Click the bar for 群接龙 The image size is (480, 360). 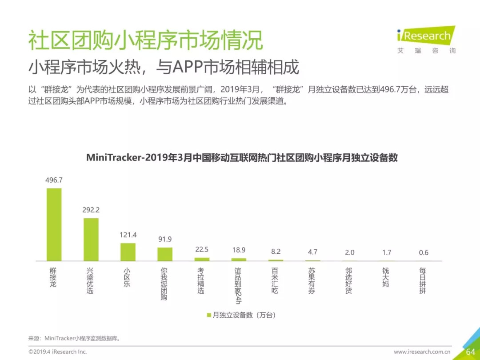tap(54, 224)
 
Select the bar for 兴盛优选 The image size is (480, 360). tap(91, 239)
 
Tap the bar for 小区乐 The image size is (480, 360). tap(128, 252)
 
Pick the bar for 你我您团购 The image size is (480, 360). tap(165, 254)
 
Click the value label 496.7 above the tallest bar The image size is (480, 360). tap(54, 180)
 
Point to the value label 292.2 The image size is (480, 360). tap(91, 210)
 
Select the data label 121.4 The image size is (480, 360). tap(128, 235)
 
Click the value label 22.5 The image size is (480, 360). tap(202, 250)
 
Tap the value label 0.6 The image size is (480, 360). tap(424, 252)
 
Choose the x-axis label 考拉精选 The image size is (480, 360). tap(202, 280)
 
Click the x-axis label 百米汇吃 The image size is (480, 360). tap(276, 280)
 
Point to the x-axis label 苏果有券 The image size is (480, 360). tap(312, 280)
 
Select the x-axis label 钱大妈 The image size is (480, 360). tap(386, 277)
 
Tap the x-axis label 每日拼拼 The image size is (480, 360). tap(423, 280)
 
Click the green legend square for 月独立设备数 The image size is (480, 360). tap(208, 315)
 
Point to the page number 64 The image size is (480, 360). tap(470, 352)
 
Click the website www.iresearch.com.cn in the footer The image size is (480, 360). tap(422, 352)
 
